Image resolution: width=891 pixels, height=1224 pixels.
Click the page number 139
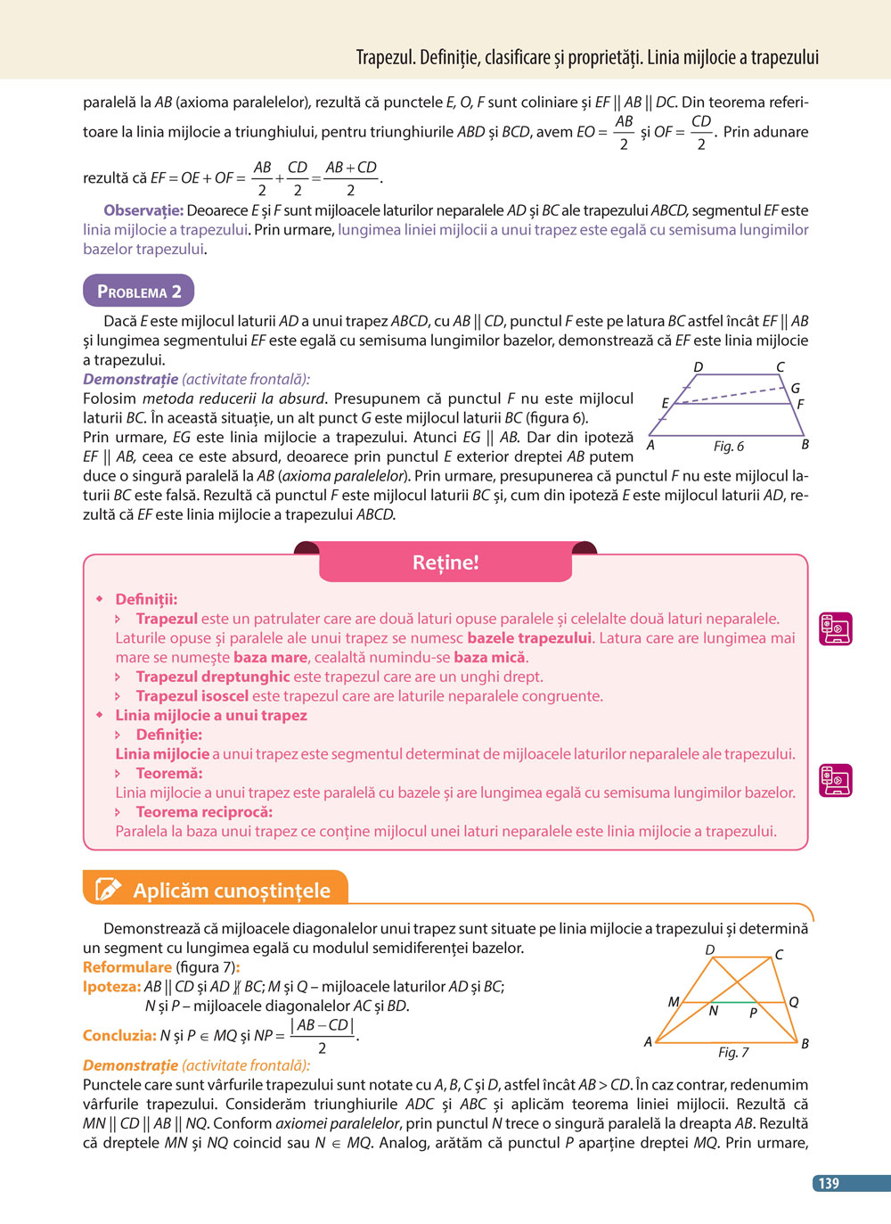point(830,1183)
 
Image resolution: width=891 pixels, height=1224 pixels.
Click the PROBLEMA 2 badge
point(138,292)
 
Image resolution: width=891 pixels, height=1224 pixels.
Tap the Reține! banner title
point(445,563)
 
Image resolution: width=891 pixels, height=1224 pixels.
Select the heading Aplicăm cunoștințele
point(232,890)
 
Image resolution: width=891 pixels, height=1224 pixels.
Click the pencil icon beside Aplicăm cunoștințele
point(108,889)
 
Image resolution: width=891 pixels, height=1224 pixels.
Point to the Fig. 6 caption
point(728,446)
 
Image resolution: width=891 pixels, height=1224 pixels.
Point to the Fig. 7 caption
point(733,1052)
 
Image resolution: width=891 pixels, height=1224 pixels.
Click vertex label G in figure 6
point(795,388)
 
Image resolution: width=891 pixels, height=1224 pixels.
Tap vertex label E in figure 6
point(665,403)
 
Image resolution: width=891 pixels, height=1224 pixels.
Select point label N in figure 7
point(714,1011)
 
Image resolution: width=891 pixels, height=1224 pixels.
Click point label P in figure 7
point(753,1013)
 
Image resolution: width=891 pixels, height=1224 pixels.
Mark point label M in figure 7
point(674,1001)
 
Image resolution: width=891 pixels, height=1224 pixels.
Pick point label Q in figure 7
point(794,1001)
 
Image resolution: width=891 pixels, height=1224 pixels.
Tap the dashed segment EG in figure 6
point(731,396)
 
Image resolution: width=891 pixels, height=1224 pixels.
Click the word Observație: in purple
point(143,210)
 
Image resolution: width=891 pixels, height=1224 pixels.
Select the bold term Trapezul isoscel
point(192,695)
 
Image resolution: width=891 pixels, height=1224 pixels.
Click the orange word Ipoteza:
point(111,986)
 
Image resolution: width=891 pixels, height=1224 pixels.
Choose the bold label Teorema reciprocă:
point(204,811)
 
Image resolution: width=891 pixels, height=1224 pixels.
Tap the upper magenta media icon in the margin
point(836,628)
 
